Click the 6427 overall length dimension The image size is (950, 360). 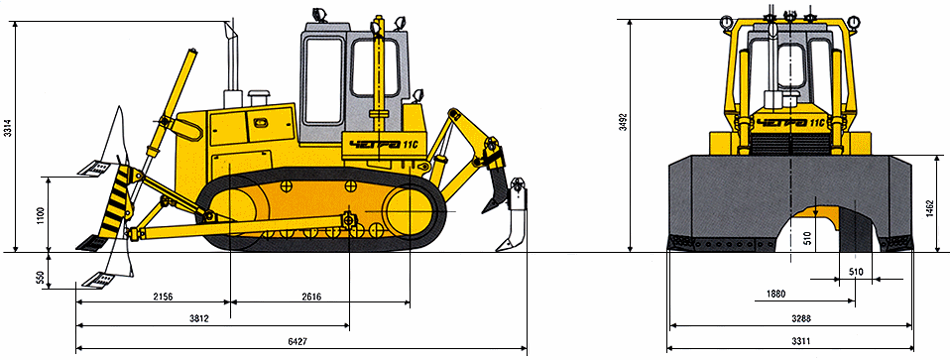(x=297, y=342)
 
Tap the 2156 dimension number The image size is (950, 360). (x=163, y=297)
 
